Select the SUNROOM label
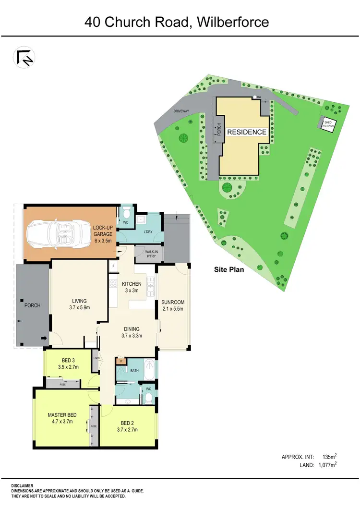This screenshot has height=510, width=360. click(173, 305)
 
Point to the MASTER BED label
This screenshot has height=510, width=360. click(60, 418)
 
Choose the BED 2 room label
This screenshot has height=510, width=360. click(127, 426)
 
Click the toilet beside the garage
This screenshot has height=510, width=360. click(126, 213)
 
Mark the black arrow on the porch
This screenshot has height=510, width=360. click(44, 339)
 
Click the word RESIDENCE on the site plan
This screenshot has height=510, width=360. click(246, 132)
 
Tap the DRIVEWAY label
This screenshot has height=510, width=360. click(183, 112)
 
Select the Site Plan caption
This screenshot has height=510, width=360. click(228, 270)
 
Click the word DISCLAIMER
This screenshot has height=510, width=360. click(23, 486)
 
